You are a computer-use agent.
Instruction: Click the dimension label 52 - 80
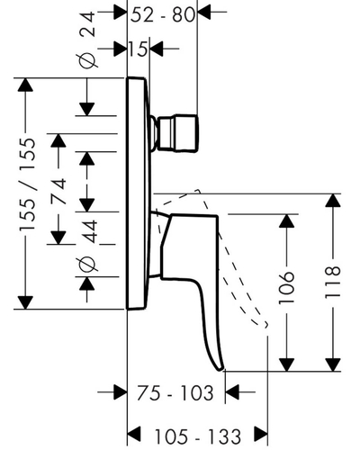(163, 15)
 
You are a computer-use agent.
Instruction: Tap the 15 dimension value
(138, 49)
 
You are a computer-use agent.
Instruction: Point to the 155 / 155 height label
(27, 184)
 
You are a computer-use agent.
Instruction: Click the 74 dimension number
(58, 191)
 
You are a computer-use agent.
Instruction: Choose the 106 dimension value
(286, 288)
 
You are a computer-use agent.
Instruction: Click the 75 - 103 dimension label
(175, 392)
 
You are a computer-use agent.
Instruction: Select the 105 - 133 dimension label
(198, 436)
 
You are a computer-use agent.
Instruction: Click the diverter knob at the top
(177, 133)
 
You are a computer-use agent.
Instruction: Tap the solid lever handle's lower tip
(220, 369)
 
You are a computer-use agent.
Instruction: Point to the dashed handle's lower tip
(265, 326)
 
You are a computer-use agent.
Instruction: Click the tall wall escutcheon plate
(138, 193)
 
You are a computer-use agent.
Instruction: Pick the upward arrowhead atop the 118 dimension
(333, 201)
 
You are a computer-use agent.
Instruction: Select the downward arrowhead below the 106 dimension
(287, 364)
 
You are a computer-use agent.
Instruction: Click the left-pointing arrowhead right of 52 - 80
(205, 13)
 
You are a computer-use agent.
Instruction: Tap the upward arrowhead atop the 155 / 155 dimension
(25, 85)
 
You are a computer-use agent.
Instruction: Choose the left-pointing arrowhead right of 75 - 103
(232, 391)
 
